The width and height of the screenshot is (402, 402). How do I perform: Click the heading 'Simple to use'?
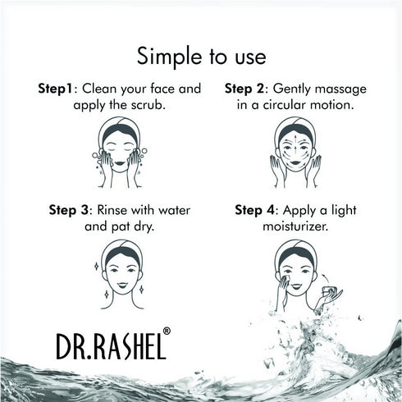[201, 57]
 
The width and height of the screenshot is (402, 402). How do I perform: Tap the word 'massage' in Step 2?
[340, 89]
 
